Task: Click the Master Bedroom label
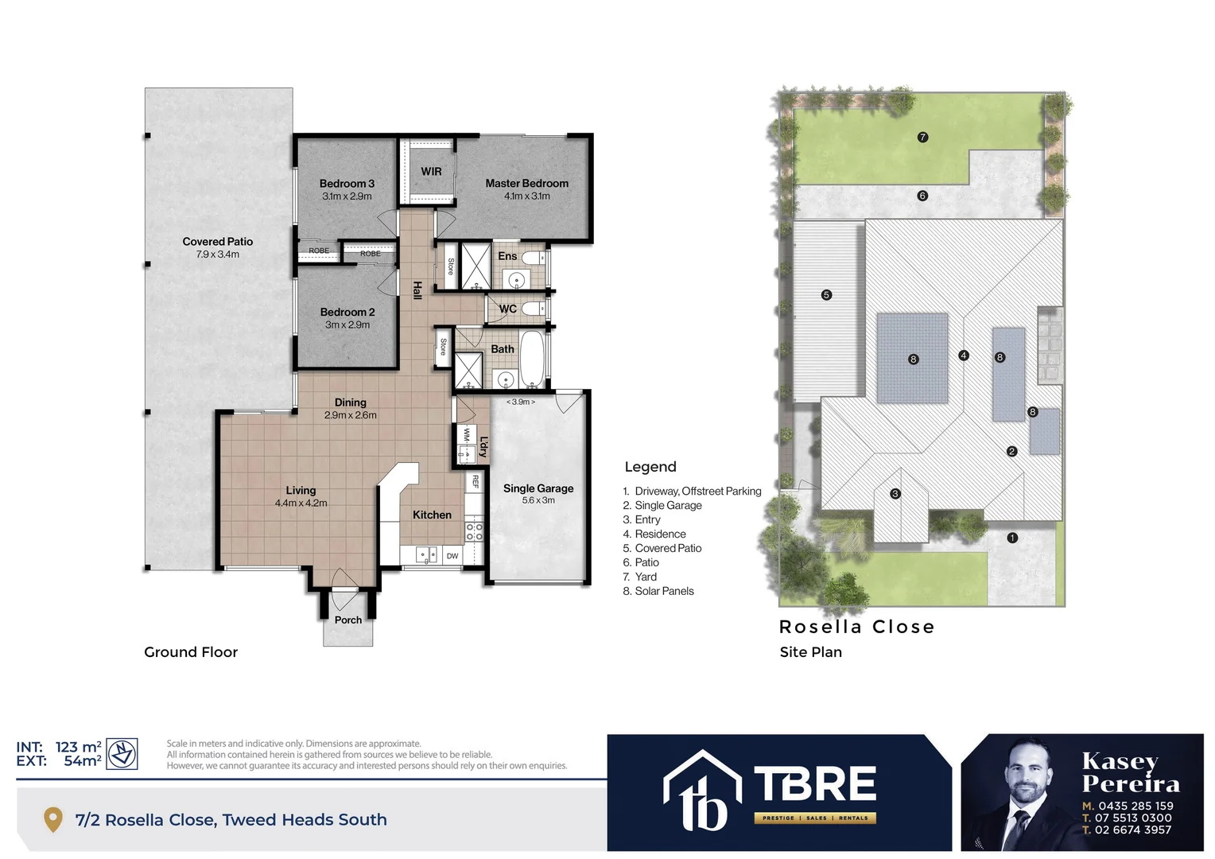point(526,183)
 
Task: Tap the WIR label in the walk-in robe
point(431,171)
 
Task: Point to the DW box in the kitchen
point(452,555)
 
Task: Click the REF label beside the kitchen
point(476,481)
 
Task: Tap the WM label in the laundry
point(466,435)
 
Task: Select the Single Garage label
point(538,488)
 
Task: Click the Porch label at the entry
point(348,620)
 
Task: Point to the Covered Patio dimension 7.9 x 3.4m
point(217,255)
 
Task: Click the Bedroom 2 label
point(347,312)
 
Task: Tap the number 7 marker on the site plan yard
point(922,137)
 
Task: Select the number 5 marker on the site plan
point(826,294)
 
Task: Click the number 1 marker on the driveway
point(1012,538)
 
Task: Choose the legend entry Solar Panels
point(664,591)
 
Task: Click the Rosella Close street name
point(856,627)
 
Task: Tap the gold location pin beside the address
point(52,819)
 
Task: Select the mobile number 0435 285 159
point(1135,806)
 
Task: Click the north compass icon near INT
point(122,753)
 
